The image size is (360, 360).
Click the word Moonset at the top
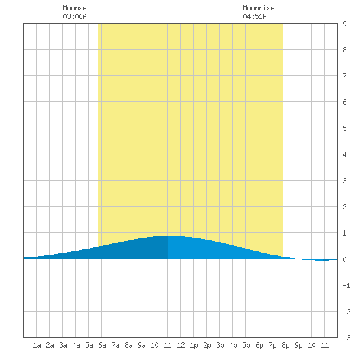(77, 8)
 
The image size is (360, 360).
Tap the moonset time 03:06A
(75, 16)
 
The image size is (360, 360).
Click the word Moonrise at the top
(259, 8)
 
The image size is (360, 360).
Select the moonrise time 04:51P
(255, 16)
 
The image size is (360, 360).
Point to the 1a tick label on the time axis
(37, 345)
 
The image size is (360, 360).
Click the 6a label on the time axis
(102, 345)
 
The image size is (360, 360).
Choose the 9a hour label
(141, 345)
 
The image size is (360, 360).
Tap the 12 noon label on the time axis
(181, 345)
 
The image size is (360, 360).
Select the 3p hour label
(220, 345)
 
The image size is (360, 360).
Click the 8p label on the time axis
(285, 345)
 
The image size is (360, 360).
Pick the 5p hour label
(246, 345)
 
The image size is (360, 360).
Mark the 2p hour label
(207, 345)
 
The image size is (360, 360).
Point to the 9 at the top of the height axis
(344, 24)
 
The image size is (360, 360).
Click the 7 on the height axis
(344, 76)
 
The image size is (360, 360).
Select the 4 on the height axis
(344, 154)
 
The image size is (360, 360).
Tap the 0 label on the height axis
(344, 259)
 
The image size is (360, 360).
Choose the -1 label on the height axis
(346, 285)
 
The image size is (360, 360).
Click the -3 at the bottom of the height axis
(346, 338)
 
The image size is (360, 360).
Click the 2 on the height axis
(344, 207)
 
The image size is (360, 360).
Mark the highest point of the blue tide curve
(168, 236)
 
